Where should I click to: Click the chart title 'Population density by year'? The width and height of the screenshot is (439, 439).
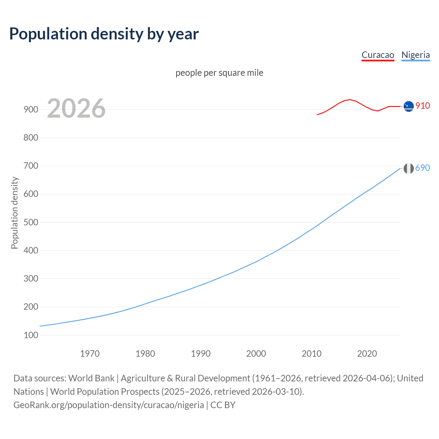coord(104,34)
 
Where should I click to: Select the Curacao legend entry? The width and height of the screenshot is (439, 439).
coord(378,55)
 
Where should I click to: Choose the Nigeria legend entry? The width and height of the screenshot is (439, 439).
coord(415,55)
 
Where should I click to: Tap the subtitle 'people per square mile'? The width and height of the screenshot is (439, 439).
coord(219,73)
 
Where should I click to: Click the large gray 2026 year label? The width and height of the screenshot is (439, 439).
coord(76,109)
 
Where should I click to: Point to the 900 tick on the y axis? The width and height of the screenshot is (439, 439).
coord(31,110)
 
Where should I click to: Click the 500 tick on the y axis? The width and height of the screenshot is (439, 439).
coord(31,222)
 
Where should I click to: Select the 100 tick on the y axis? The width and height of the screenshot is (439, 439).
coord(31,335)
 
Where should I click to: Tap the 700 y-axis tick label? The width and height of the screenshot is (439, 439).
coord(31,166)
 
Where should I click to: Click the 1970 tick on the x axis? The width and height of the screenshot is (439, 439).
coord(90,354)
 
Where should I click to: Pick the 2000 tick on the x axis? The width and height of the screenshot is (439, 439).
coord(256,354)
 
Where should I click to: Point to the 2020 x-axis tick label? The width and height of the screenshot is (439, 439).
coord(367,354)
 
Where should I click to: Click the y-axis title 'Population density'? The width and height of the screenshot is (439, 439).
coord(14,213)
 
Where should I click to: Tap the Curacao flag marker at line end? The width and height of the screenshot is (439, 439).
coord(408,107)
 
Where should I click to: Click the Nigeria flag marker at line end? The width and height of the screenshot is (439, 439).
coord(408,168)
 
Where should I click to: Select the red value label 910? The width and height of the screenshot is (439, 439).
coord(423,106)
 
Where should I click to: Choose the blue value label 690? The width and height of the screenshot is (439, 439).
coord(423,168)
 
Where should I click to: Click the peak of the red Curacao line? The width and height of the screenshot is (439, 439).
coord(349,100)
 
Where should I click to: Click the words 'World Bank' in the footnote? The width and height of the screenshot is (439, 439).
coord(91,378)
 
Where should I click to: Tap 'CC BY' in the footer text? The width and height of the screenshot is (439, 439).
coord(223,405)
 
